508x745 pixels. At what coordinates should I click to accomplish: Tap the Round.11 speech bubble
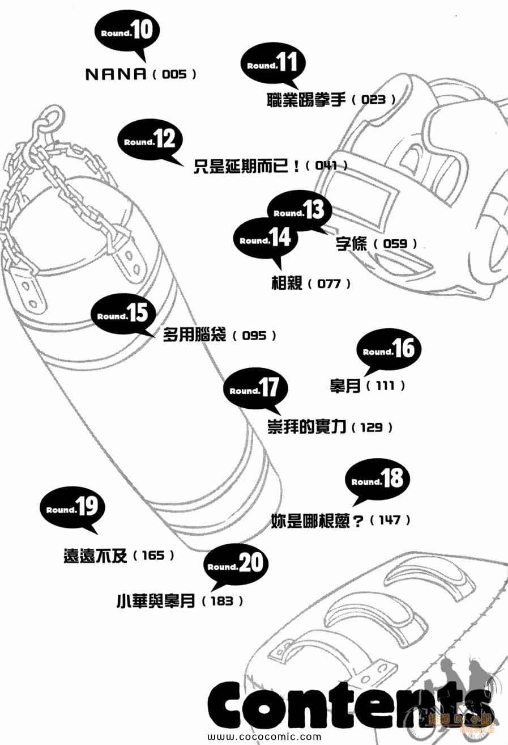click(272, 65)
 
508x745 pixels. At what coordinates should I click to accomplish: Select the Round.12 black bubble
click(150, 141)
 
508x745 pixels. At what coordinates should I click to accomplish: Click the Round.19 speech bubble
click(72, 509)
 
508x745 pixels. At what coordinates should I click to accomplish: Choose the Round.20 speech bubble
click(234, 565)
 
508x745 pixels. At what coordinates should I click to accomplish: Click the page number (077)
click(329, 283)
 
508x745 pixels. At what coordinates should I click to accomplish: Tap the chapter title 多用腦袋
click(195, 335)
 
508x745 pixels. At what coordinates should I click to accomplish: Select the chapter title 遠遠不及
click(97, 556)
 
